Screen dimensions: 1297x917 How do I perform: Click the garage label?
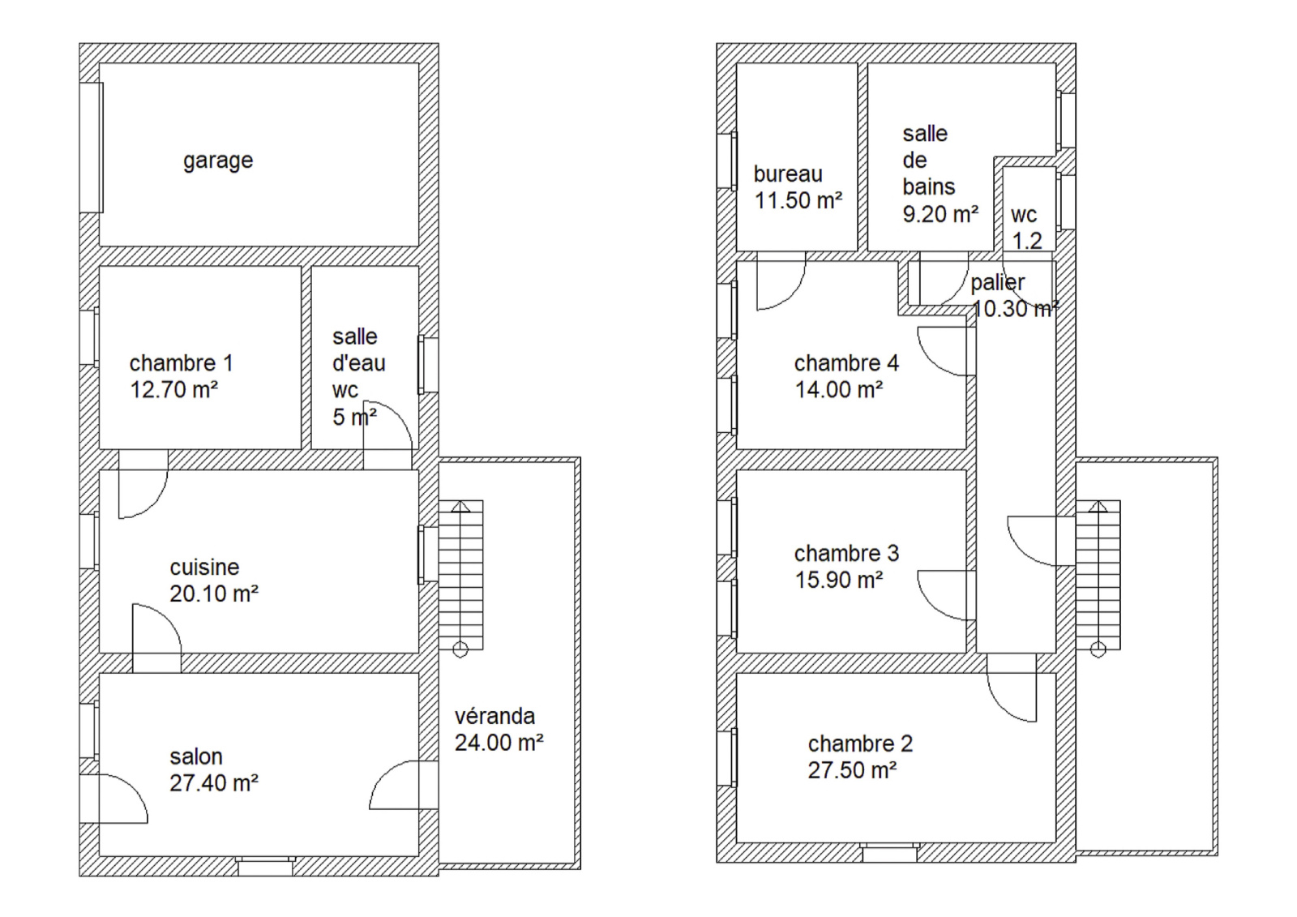(218, 161)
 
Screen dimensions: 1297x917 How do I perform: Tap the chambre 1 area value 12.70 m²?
(173, 390)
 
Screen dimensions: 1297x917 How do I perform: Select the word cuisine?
(204, 567)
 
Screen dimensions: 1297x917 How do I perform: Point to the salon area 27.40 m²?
(214, 783)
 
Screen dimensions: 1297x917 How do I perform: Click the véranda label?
(494, 717)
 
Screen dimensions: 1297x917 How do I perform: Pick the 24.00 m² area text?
(499, 743)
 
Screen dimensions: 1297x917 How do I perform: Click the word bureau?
(788, 174)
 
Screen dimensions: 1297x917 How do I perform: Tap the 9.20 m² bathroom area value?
(940, 214)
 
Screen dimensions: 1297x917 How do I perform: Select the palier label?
(998, 283)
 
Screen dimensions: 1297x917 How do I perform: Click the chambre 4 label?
(846, 363)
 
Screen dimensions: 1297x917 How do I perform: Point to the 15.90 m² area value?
(838, 579)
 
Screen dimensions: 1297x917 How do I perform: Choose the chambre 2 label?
(860, 743)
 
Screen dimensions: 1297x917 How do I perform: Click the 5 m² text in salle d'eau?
(354, 417)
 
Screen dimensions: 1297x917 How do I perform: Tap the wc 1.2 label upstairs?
(1026, 228)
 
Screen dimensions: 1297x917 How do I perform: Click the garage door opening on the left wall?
(91, 148)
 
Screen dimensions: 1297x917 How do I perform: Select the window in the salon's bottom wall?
(265, 867)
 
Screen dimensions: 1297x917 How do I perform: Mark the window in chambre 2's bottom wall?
(889, 853)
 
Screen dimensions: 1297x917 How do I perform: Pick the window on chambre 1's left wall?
(89, 337)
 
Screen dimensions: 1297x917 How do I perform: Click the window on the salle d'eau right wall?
(429, 365)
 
